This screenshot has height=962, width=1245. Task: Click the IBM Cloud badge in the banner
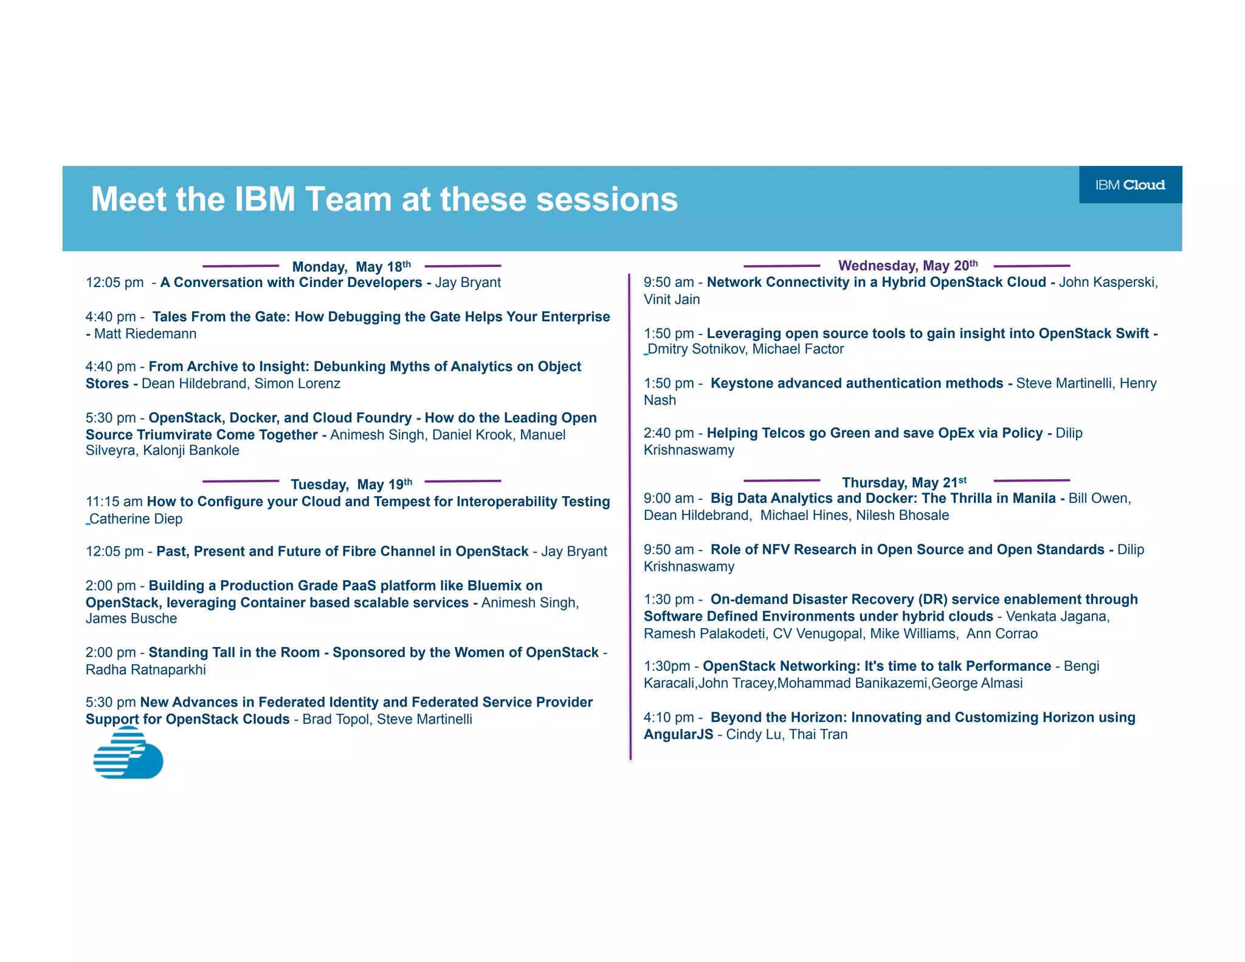(x=1130, y=185)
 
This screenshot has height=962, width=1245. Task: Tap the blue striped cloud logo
(x=128, y=753)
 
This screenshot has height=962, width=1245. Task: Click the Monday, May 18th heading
(x=351, y=266)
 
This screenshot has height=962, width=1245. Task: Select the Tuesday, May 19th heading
(x=351, y=484)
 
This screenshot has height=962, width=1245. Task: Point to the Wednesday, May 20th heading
(x=908, y=266)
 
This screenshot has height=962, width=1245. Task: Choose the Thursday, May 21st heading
(x=904, y=482)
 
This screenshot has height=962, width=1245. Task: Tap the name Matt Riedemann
(x=145, y=334)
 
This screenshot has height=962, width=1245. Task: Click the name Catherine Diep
(x=136, y=519)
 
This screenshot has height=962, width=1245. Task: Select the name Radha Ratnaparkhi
(x=146, y=670)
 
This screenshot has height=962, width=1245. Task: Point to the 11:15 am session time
(x=114, y=502)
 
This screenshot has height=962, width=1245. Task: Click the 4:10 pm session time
(x=669, y=718)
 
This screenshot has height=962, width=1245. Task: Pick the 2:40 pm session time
(x=669, y=433)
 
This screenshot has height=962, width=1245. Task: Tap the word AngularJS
(x=678, y=735)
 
